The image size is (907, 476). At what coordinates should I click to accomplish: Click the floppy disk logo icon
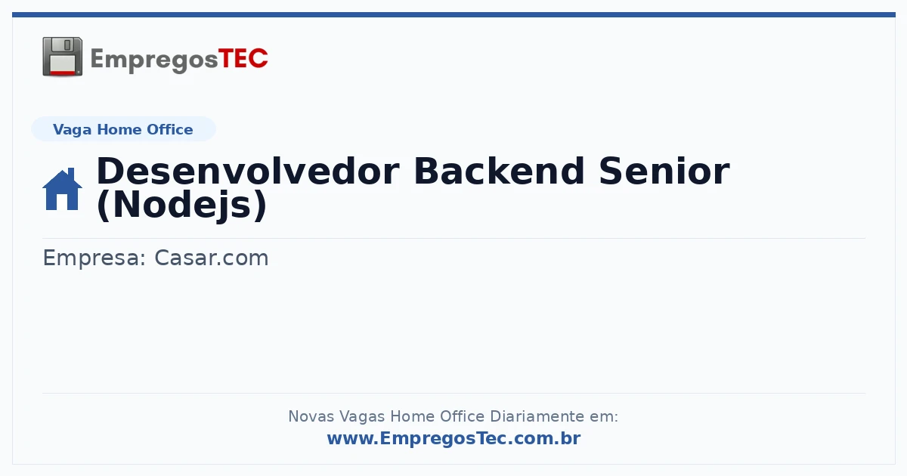pos(62,57)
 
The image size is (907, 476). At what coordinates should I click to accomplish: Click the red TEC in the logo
pos(243,59)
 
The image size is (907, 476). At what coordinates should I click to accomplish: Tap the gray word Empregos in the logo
pos(154,60)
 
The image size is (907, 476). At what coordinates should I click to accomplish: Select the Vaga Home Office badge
pos(123,129)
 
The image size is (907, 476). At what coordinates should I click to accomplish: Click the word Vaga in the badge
pos(72,130)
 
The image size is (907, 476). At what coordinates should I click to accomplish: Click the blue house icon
pos(62,189)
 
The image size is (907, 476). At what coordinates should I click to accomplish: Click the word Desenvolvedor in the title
pos(248,172)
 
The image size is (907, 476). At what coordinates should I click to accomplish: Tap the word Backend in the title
pos(499,172)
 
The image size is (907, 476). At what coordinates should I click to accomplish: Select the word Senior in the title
pos(664,172)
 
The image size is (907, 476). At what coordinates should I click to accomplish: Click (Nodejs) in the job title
pos(182,206)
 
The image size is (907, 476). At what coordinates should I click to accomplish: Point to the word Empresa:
pos(94,258)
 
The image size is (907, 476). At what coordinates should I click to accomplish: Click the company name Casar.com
pos(212,258)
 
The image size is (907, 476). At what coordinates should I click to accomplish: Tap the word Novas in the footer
pos(311,416)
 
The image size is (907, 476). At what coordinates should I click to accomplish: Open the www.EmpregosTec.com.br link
pos(453,438)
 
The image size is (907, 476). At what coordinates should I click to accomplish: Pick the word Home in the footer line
pos(412,416)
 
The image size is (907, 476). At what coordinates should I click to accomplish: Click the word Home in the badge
pos(119,129)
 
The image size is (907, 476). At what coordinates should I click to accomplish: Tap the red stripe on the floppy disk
pos(63,73)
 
